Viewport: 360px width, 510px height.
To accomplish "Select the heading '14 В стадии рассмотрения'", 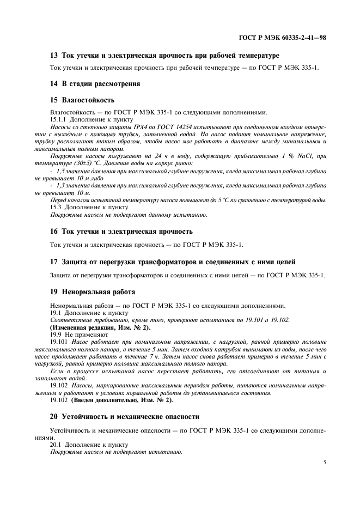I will coord(95,84).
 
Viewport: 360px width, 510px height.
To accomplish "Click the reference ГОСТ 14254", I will coord(158,126).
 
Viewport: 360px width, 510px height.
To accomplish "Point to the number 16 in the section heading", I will coord(53,232).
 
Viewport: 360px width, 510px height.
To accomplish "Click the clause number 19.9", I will coord(57,334).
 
